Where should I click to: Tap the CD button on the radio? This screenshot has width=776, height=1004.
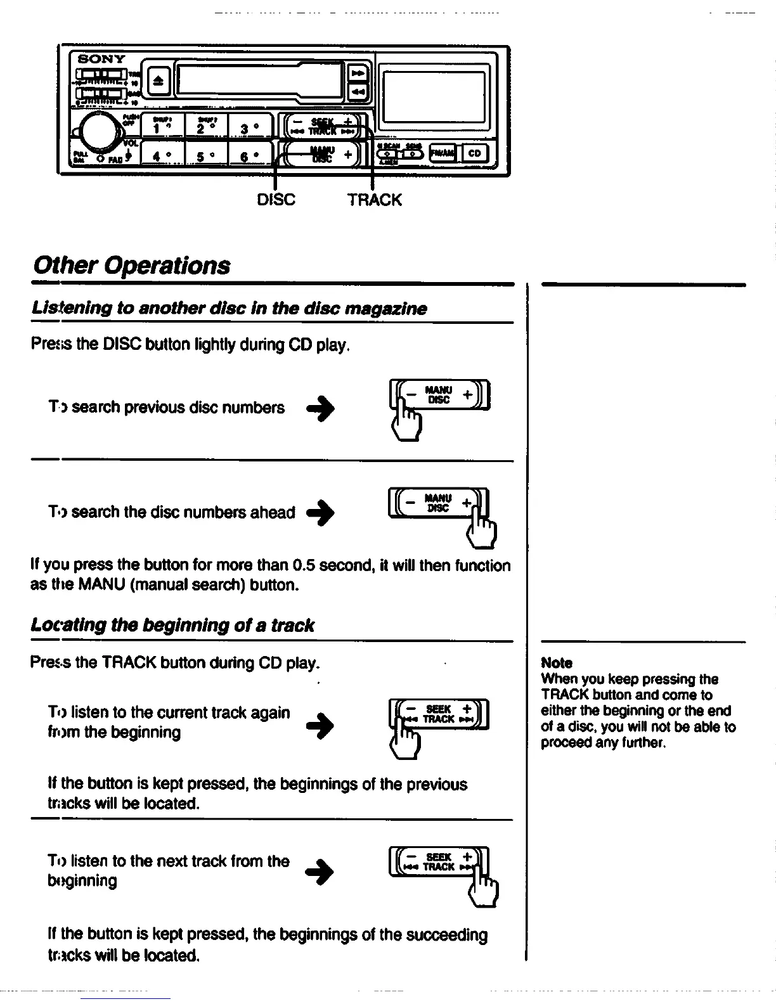pos(475,153)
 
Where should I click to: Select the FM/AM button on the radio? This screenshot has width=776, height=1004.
pos(443,153)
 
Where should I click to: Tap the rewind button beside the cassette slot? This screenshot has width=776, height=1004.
pos(358,93)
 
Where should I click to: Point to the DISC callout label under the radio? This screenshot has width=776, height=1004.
pos(276,200)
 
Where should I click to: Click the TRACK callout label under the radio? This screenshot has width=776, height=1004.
pos(374,200)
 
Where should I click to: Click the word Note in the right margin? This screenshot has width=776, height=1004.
pos(557,663)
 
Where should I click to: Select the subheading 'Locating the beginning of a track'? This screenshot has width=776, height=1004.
pos(172,626)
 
